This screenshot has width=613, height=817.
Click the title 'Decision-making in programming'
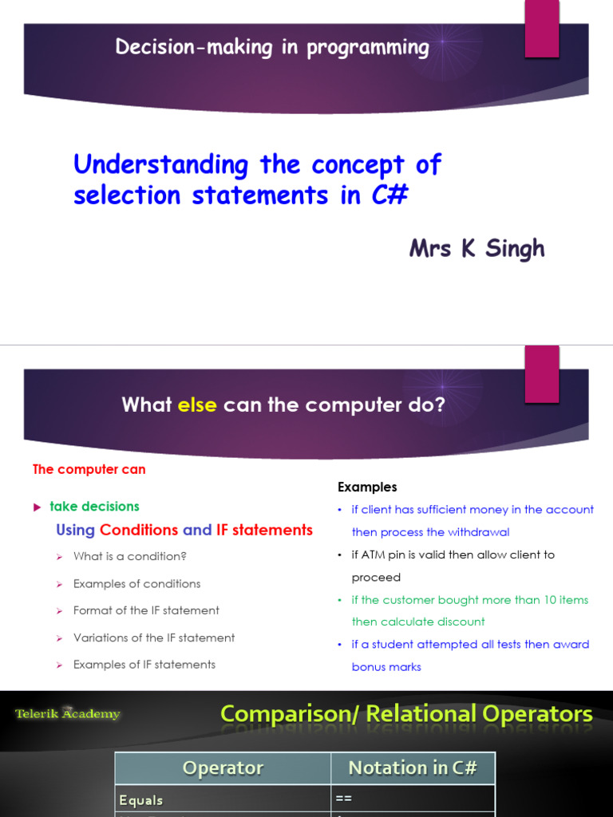tap(272, 48)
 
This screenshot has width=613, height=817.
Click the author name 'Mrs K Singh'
tap(477, 248)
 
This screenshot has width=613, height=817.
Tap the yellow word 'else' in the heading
tap(197, 405)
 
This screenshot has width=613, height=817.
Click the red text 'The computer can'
tap(89, 469)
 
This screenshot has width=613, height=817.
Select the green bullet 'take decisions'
tap(94, 506)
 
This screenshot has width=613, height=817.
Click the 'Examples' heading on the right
tap(367, 487)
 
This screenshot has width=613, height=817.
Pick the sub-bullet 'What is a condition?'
tap(130, 556)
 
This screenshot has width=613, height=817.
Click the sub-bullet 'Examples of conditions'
tap(136, 583)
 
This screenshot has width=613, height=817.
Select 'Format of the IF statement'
tap(146, 610)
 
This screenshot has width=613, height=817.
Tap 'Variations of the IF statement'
tap(154, 637)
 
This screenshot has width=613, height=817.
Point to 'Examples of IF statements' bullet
tap(144, 665)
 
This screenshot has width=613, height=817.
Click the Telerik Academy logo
tap(68, 714)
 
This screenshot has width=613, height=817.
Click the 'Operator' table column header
tap(223, 768)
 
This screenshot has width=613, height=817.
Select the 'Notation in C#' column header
tap(413, 768)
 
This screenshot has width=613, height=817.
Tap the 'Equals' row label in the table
tap(141, 799)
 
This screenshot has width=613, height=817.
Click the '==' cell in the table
tap(344, 799)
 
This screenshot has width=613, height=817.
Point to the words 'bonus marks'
tap(386, 667)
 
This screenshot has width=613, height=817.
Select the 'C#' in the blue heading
tap(390, 195)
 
